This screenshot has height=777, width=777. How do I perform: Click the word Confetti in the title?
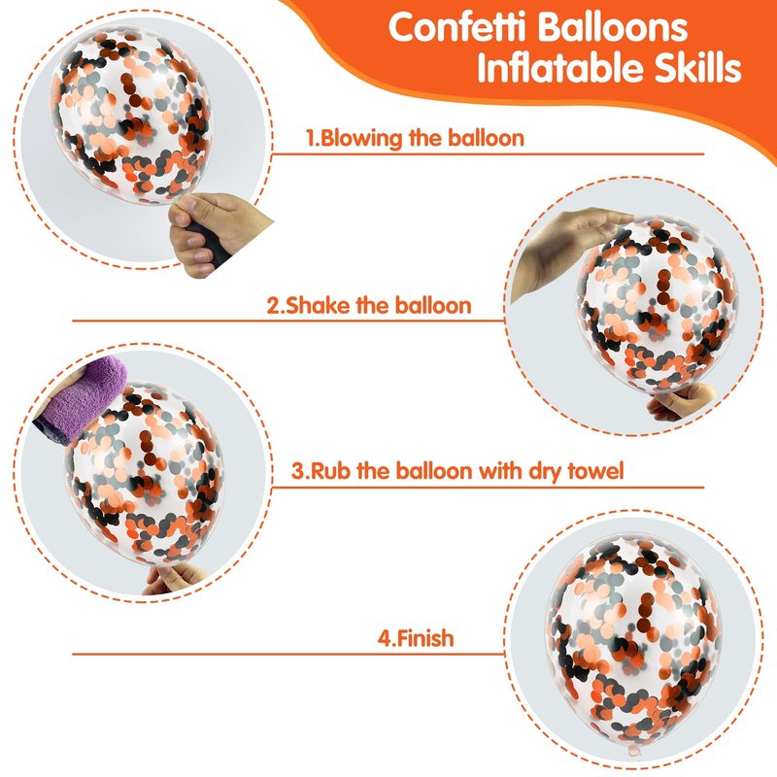[456, 27]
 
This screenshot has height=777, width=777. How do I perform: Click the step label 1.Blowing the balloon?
[415, 138]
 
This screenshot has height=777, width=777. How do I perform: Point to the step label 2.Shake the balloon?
[369, 305]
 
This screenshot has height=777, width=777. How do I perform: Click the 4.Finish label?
[416, 638]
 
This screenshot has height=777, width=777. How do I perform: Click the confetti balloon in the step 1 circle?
[131, 115]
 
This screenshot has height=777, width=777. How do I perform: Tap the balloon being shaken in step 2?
[657, 306]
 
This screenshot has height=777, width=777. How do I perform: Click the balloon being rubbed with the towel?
[144, 473]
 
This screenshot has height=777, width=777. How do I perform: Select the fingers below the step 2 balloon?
[680, 400]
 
